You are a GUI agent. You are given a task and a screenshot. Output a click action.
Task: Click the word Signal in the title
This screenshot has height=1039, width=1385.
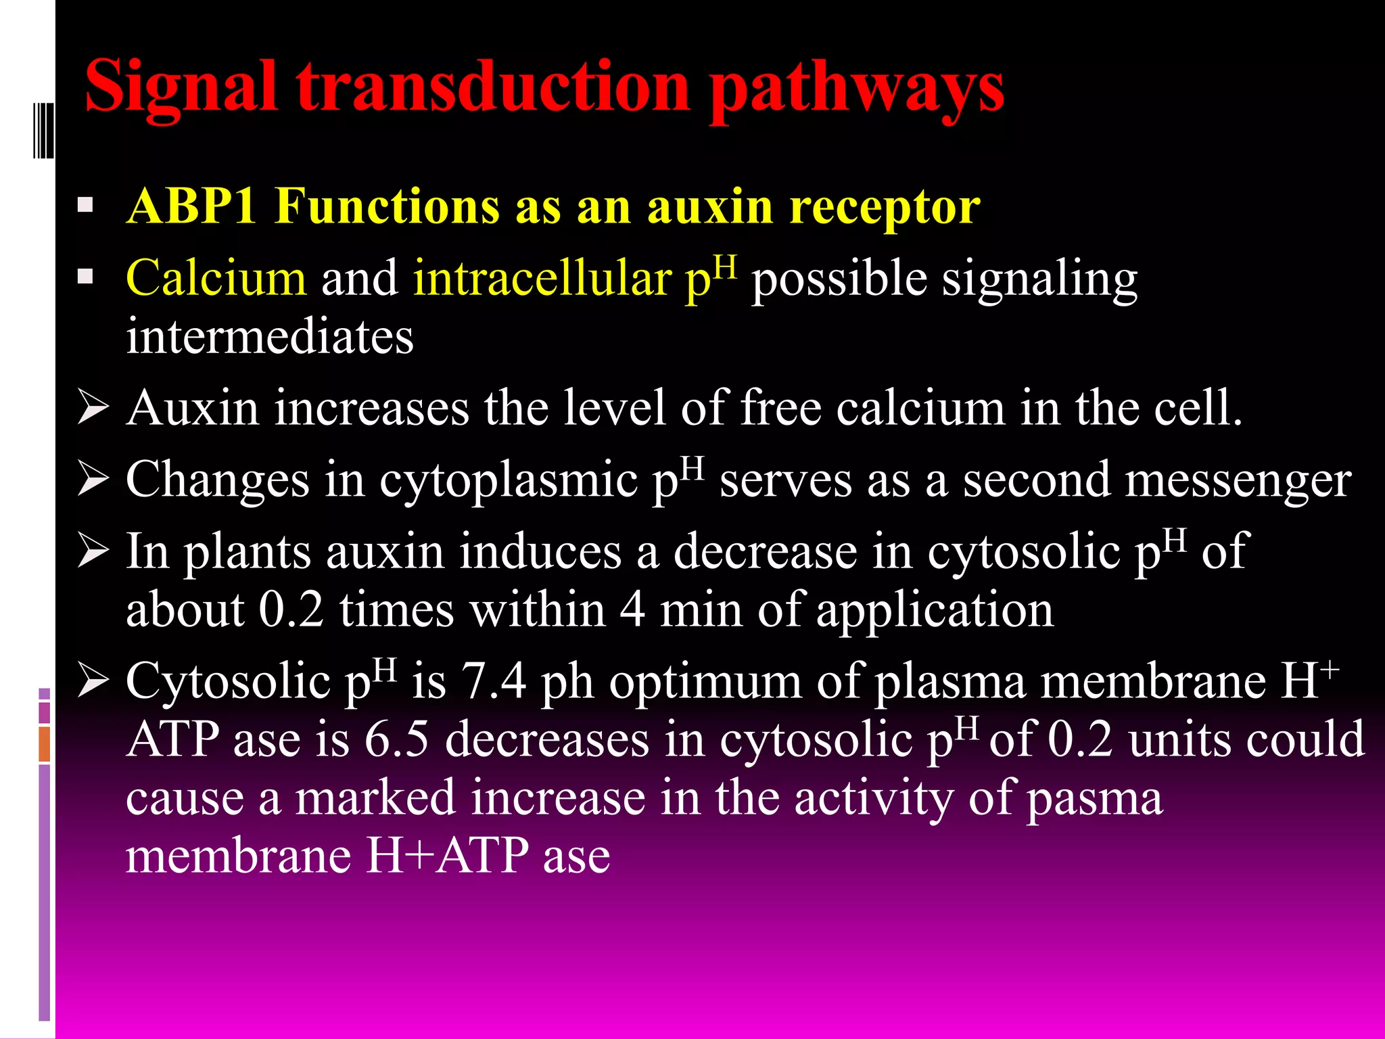click(181, 88)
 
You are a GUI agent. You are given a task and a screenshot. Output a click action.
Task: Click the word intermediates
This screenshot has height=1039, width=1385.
click(269, 337)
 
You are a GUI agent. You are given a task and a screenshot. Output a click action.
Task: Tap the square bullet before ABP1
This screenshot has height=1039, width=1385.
click(85, 205)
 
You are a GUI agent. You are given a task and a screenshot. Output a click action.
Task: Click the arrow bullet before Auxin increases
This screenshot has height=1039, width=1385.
click(93, 407)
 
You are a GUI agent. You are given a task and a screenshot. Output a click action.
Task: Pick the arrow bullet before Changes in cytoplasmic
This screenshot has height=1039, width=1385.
click(93, 479)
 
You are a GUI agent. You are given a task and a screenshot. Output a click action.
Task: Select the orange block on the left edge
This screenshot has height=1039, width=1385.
click(45, 744)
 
